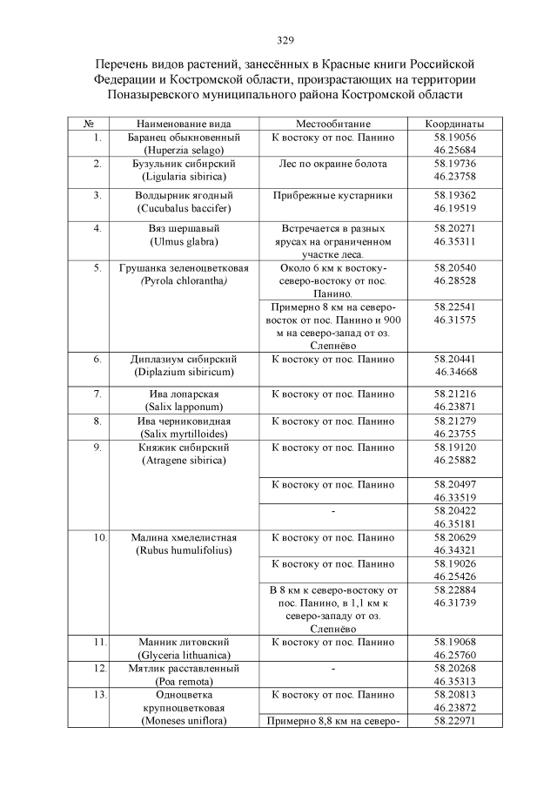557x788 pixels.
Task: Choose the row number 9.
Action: [98, 447]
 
